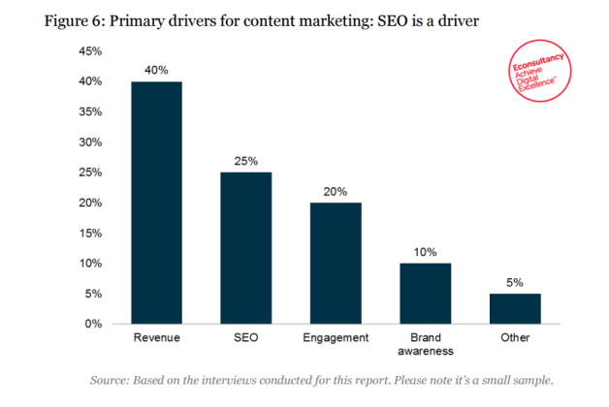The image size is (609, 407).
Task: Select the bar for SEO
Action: coord(245,247)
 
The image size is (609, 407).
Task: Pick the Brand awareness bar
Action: coord(425,293)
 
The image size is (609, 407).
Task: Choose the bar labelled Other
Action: coord(514,307)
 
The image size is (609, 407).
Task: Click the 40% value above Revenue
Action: coord(156,71)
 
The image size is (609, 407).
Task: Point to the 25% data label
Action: coord(245,161)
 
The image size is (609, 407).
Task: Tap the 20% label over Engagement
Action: coord(336,191)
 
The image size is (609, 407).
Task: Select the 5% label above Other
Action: coord(514,282)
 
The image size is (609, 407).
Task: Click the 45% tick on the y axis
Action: coord(90,51)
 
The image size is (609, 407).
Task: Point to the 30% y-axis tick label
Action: coord(90,141)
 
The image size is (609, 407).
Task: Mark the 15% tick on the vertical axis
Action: coord(90,233)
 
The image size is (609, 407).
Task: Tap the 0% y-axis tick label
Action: coord(93,323)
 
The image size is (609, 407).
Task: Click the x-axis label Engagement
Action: coord(336,338)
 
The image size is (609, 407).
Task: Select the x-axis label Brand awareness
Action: coord(425,345)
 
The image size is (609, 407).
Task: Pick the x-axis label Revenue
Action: coord(156,338)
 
